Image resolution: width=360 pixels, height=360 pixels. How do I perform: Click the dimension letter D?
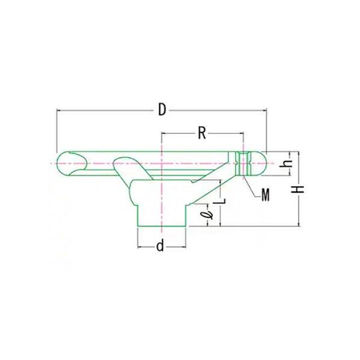click(x=161, y=109)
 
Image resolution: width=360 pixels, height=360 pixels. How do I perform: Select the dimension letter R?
click(x=202, y=132)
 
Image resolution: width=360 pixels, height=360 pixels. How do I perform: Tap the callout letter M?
click(x=265, y=194)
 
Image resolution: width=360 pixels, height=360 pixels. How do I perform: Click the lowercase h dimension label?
click(x=288, y=163)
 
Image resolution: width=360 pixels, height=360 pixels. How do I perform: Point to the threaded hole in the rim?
click(x=243, y=163)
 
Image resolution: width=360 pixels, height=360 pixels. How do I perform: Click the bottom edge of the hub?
click(x=161, y=226)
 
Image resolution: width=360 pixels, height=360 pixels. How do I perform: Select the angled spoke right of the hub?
click(x=211, y=187)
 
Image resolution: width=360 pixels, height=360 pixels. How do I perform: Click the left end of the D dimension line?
click(x=57, y=110)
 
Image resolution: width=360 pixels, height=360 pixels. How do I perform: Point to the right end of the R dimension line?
click(x=243, y=133)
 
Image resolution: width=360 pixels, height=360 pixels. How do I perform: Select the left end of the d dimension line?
click(x=138, y=246)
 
